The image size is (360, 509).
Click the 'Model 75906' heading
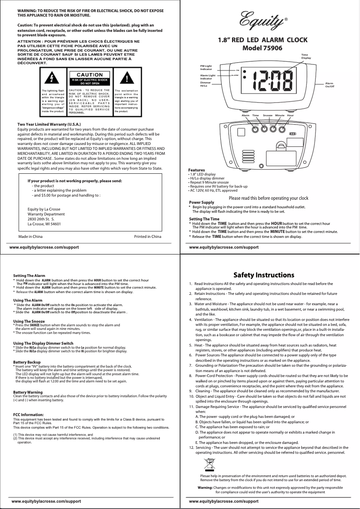coord(262,48)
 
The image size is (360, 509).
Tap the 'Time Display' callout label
coord(306,57)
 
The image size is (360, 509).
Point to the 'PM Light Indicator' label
coord(206,68)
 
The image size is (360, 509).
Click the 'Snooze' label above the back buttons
coord(268,116)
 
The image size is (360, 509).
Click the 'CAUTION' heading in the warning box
coord(90,75)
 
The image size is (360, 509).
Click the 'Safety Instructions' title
coord(264,275)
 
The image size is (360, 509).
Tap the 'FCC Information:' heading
coord(28,414)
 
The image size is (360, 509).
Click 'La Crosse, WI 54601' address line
coord(44,224)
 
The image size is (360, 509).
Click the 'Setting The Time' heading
coord(204,219)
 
